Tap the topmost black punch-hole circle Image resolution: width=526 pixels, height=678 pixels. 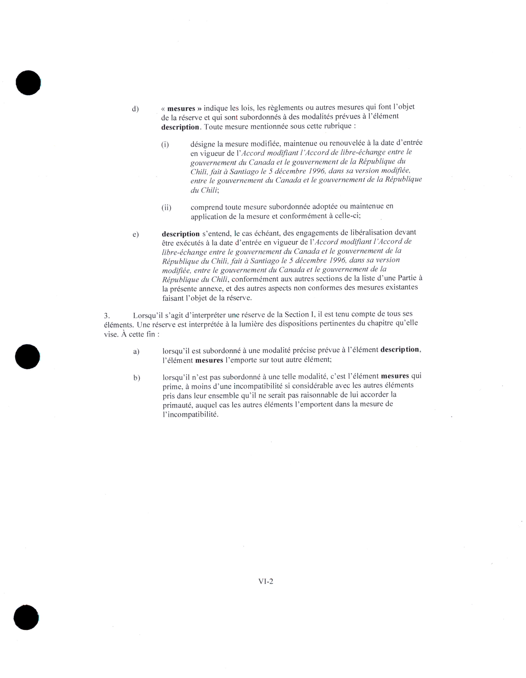tap(28, 83)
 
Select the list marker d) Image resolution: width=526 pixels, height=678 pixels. tap(135, 109)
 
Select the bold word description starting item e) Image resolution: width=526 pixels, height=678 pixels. tap(181, 234)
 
